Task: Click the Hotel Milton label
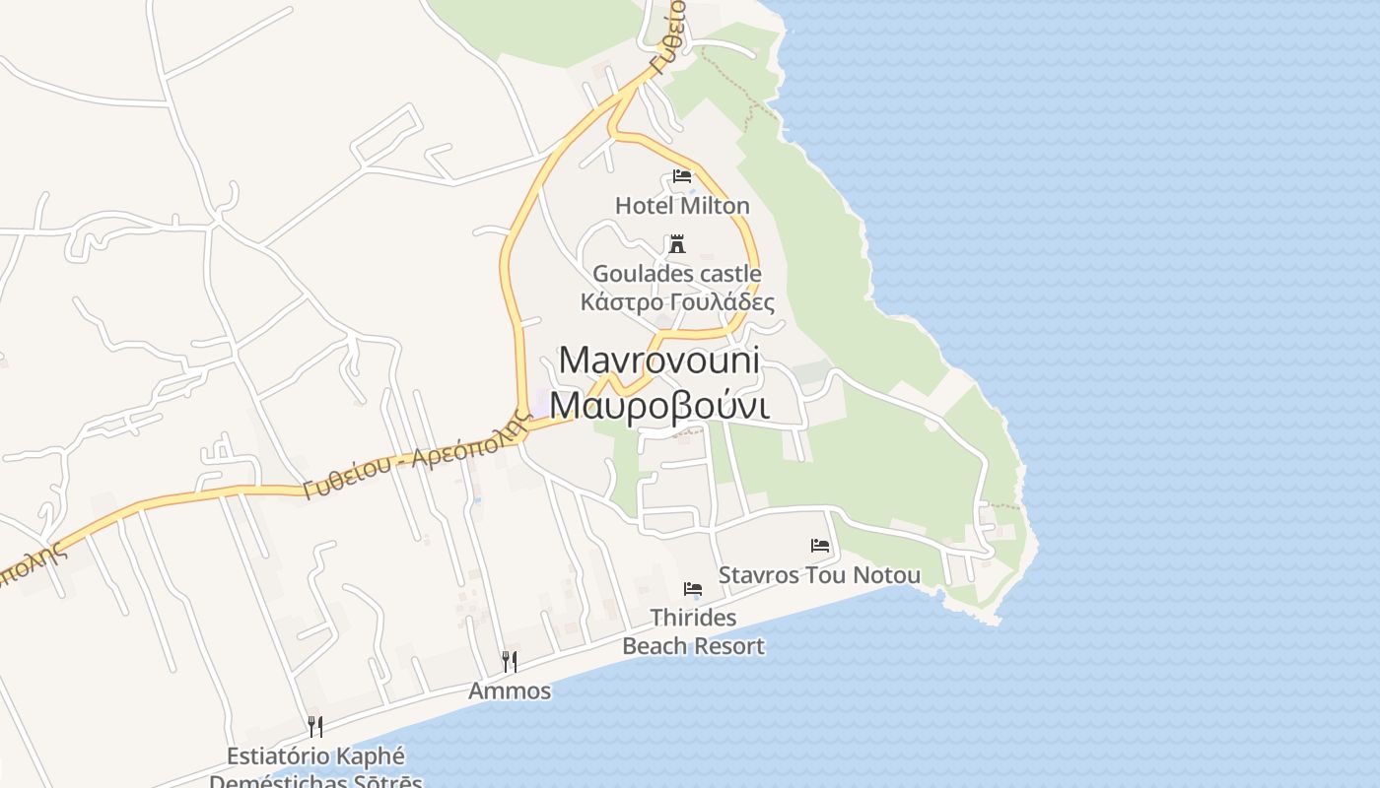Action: [x=682, y=206]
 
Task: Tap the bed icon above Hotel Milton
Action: [x=681, y=176]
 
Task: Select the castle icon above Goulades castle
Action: [x=677, y=243]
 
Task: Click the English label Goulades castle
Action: [x=676, y=273]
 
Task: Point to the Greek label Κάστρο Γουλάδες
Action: [x=677, y=301]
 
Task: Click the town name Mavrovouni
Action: [x=659, y=361]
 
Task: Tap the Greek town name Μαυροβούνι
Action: [x=659, y=405]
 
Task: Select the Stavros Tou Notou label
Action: [x=819, y=575]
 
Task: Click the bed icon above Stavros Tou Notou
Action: [x=820, y=545]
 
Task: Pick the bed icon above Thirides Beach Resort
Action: [x=693, y=589]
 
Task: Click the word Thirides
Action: [x=693, y=618]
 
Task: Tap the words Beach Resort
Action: [x=693, y=646]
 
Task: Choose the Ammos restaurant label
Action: [x=510, y=690]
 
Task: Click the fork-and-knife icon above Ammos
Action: [x=509, y=661]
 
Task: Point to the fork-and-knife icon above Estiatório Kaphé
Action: [x=315, y=727]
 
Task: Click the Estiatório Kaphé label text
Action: [x=315, y=756]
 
